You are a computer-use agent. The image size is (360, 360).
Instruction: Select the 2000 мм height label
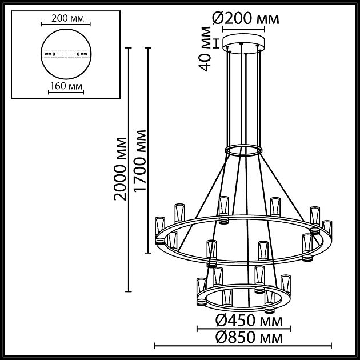pyautogui.click(x=121, y=169)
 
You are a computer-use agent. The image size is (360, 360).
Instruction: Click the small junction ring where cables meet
pyautogui.click(x=243, y=150)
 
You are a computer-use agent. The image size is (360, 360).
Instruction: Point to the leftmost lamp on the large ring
pyautogui.click(x=159, y=229)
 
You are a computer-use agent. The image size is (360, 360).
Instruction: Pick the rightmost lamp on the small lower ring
pyautogui.click(x=285, y=284)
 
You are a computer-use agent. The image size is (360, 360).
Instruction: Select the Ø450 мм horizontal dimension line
pyautogui.click(x=243, y=329)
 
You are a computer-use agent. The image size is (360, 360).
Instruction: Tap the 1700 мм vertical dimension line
pyautogui.click(x=149, y=169)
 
